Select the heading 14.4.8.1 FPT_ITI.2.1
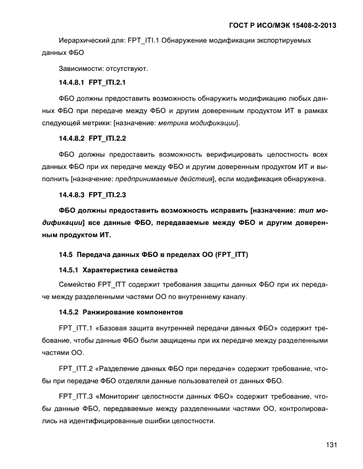pyautogui.click(x=92, y=83)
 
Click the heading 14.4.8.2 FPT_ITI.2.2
pyautogui.click(x=92, y=139)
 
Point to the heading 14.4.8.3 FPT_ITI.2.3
pyautogui.click(x=92, y=194)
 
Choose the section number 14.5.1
pyautogui.click(x=69, y=269)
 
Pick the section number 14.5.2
pyautogui.click(x=69, y=311)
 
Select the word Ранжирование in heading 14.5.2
pyautogui.click(x=111, y=311)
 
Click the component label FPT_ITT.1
pyautogui.click(x=75, y=326)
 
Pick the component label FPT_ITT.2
pyautogui.click(x=75, y=367)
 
